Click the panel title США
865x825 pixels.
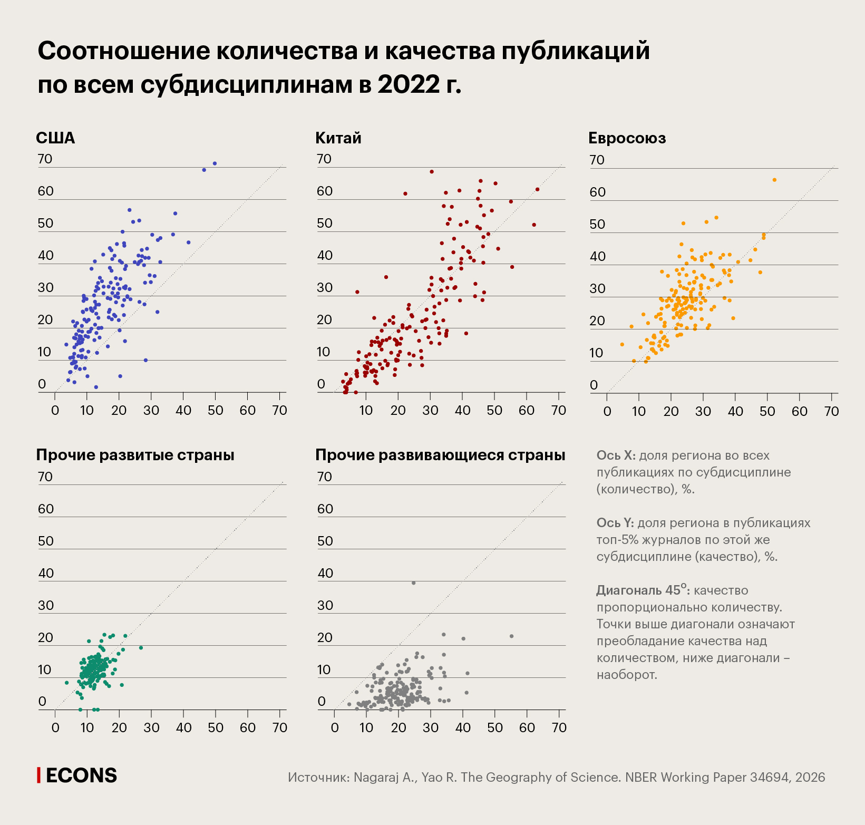coord(55,138)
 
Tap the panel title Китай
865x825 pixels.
coord(338,138)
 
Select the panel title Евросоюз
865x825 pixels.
coord(627,138)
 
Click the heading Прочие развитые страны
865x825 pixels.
coord(135,455)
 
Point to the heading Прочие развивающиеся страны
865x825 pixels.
coord(440,455)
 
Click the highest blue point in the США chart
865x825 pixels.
coord(215,163)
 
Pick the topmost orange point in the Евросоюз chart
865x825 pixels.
coord(774,180)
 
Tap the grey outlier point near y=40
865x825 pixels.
coord(413,583)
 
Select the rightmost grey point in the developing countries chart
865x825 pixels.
coord(511,636)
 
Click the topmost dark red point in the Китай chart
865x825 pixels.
coord(431,172)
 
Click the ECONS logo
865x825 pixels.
coord(77,775)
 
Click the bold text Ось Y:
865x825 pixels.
coord(615,523)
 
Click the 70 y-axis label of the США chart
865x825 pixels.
coord(45,159)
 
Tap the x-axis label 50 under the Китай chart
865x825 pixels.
coord(494,411)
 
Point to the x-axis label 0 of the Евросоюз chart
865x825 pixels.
coord(607,412)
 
